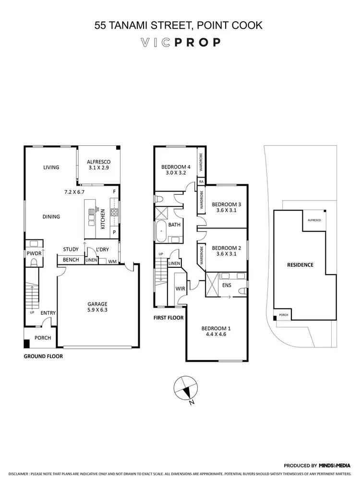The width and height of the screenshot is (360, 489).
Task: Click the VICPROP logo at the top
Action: (x=180, y=42)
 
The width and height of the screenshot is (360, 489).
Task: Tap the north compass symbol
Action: (x=185, y=388)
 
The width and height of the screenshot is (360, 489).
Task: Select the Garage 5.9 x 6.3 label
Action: (x=97, y=307)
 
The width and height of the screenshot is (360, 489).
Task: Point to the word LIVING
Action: (x=51, y=167)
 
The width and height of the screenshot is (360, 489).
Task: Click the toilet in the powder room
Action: (x=34, y=262)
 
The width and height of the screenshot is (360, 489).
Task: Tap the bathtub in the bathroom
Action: (x=161, y=232)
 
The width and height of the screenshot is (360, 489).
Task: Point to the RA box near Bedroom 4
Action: (x=201, y=181)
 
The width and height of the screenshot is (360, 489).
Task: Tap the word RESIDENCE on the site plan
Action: (x=300, y=264)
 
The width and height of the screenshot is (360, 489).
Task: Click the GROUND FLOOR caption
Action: (x=43, y=357)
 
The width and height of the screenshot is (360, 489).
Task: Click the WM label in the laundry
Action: (x=112, y=261)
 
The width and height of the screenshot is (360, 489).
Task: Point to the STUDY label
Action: (x=71, y=249)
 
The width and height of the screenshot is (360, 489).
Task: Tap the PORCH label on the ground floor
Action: (x=43, y=338)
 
